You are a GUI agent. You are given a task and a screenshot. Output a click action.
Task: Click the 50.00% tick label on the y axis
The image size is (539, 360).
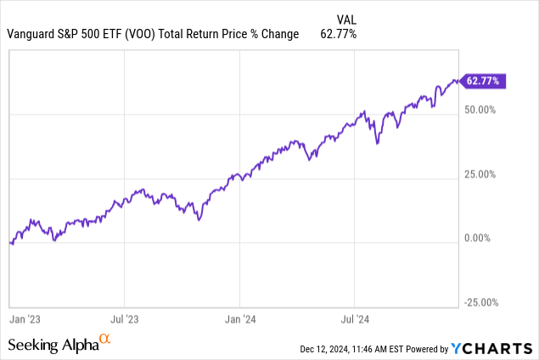coord(482,110)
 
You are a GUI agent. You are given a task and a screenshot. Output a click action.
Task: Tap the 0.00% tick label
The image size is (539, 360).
coord(485,239)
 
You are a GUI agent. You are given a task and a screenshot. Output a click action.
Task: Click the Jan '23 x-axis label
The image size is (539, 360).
coord(24,320)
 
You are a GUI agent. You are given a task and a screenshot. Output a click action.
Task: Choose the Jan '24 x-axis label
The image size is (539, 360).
coord(240,320)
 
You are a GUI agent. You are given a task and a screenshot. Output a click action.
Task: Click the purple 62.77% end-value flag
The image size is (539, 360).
coord(484,82)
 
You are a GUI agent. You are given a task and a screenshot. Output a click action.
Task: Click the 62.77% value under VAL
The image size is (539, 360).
coord(337,34)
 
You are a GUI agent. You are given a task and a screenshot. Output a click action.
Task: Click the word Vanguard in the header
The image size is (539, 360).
coord(30,34)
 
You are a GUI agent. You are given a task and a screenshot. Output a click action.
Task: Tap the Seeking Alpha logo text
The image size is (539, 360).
coord(53,345)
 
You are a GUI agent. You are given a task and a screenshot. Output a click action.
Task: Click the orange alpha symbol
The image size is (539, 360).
coord(105,340)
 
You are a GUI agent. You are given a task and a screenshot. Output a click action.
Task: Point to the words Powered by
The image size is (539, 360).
coord(426,349)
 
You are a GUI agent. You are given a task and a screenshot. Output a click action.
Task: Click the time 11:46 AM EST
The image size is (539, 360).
coord(379,349)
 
